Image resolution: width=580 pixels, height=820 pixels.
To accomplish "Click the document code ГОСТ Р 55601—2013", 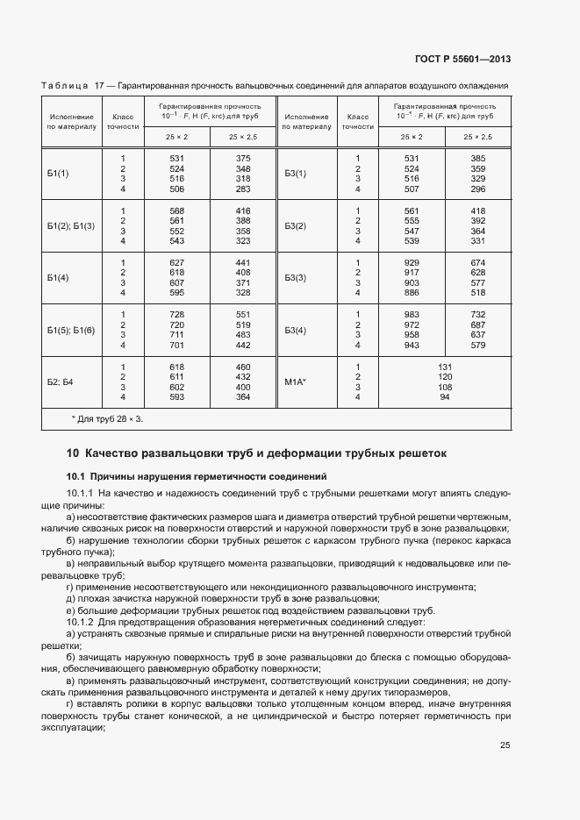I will click(x=462, y=60).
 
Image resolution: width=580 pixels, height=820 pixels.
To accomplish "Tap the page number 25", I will click(x=505, y=745).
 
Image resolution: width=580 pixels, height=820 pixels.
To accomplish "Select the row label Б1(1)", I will click(x=59, y=174).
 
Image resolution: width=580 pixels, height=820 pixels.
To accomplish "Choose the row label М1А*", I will click(x=296, y=381).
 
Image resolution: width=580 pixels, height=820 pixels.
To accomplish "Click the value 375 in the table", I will click(x=243, y=158).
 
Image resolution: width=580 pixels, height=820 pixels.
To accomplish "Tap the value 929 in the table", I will click(x=412, y=262).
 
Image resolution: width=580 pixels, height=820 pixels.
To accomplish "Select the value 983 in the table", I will click(x=412, y=315).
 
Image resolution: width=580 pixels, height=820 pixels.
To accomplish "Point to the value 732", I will click(x=478, y=315).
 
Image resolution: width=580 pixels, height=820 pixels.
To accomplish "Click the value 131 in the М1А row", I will click(x=445, y=367).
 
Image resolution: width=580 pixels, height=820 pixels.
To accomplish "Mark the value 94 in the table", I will click(x=445, y=397).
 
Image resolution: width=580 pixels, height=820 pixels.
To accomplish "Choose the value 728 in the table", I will click(x=176, y=315).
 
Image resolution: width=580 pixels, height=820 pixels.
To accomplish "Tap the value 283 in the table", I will click(x=243, y=189).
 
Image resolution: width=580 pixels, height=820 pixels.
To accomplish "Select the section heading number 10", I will click(x=73, y=453).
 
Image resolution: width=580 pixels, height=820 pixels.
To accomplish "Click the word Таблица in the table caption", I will click(x=64, y=85).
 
